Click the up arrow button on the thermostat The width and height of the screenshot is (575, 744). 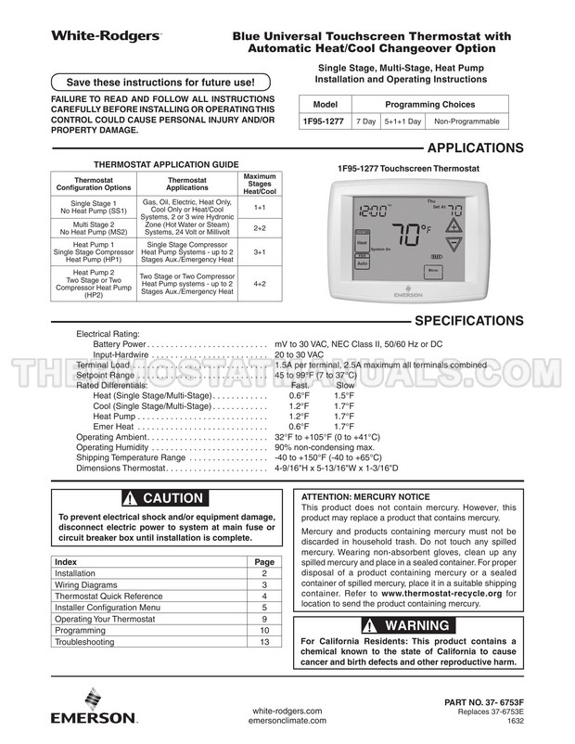tap(455, 225)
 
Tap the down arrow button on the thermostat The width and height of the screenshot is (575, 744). tap(455, 246)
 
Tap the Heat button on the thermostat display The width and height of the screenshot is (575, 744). tap(362, 243)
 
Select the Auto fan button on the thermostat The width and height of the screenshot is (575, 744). tap(362, 263)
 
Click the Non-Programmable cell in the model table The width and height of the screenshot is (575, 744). tap(466, 122)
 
